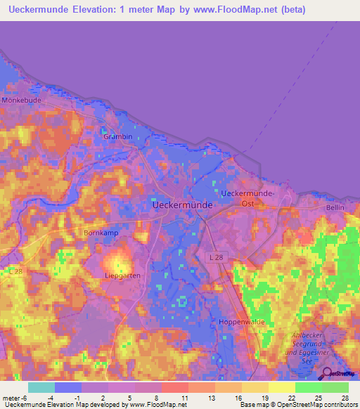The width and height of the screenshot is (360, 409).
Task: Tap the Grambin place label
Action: click(117, 136)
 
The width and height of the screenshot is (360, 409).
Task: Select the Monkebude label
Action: click(22, 100)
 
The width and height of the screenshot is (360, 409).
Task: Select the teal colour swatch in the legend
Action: click(41, 387)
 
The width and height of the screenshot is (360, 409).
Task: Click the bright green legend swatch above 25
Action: click(308, 387)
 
